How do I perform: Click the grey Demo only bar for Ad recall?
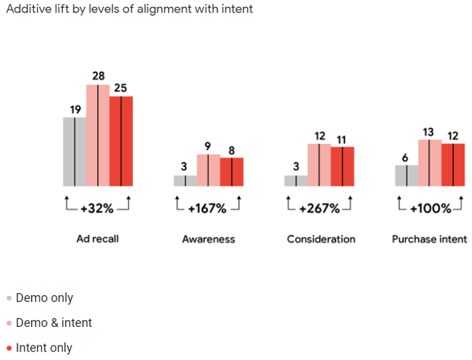tap(74, 152)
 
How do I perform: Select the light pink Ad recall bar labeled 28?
tap(98, 135)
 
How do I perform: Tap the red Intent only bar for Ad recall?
tap(121, 141)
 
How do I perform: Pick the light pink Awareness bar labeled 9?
tap(209, 170)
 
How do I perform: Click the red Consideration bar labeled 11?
tap(342, 166)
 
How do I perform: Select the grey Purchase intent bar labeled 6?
tap(407, 176)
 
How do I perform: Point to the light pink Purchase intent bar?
tap(429, 163)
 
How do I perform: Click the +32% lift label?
tap(97, 208)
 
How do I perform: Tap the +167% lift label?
tap(207, 208)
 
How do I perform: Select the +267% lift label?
tap(319, 208)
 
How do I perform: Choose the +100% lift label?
tap(429, 208)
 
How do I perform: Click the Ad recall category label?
tap(98, 239)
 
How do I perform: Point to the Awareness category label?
tap(208, 239)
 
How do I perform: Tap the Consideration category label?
tap(321, 239)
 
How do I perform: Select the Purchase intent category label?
tap(429, 239)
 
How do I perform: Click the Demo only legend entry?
tap(43, 299)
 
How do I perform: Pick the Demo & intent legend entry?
tap(53, 323)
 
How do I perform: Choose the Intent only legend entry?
tap(43, 348)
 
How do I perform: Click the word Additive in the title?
tap(27, 10)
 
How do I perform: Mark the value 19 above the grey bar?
tap(75, 109)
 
